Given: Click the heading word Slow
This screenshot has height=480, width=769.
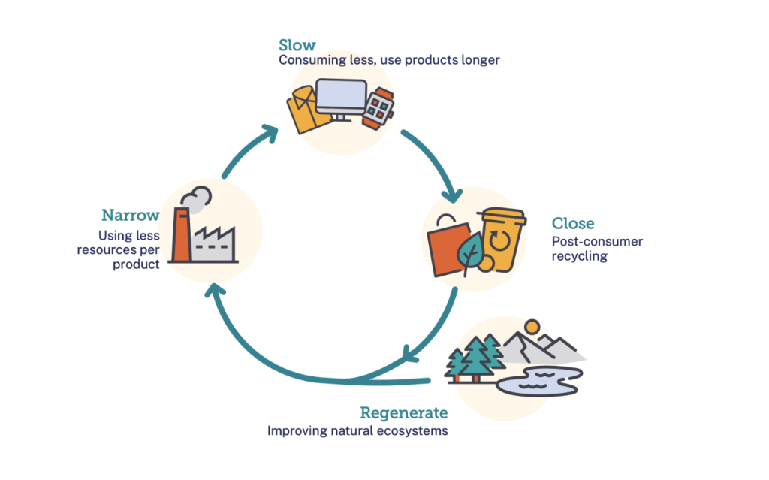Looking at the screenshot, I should click(297, 44).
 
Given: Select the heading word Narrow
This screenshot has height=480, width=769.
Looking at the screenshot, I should click(131, 216).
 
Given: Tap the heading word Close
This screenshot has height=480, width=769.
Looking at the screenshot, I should click(573, 223).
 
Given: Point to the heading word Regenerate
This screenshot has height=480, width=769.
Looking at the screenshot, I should click(403, 412).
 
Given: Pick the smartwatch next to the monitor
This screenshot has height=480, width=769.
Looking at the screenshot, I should click(378, 107).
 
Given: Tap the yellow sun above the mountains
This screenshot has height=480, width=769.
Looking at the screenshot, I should click(532, 327).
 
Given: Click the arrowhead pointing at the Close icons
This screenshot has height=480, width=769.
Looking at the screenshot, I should click(453, 197).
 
